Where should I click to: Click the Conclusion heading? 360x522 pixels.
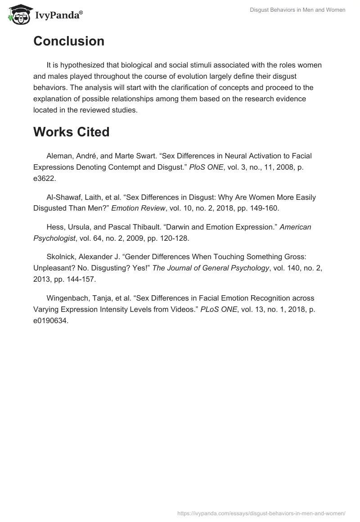point(69,41)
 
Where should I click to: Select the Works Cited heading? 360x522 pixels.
point(71,132)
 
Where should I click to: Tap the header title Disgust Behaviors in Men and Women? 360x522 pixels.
point(297,10)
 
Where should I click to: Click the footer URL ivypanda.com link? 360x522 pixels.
point(261,513)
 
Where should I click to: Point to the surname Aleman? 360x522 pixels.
point(59,156)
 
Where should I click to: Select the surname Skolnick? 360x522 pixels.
point(61,256)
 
